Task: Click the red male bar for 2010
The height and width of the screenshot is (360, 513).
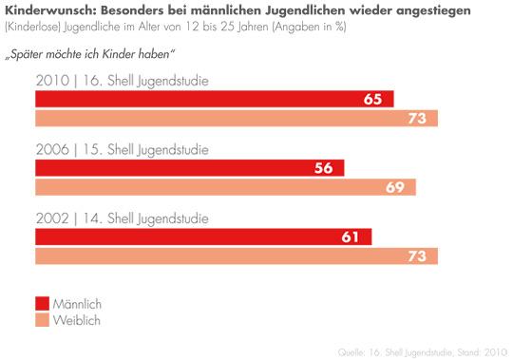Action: tap(214, 99)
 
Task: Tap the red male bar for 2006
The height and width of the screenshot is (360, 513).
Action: tap(189, 168)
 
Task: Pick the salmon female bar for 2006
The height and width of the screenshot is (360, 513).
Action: tap(225, 187)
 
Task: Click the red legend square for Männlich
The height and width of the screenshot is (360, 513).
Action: tap(43, 303)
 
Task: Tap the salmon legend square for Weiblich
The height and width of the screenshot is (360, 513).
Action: tap(43, 320)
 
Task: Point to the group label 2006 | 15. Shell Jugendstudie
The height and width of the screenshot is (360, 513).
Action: tap(122, 149)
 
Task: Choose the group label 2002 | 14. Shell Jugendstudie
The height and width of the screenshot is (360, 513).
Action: tap(122, 218)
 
